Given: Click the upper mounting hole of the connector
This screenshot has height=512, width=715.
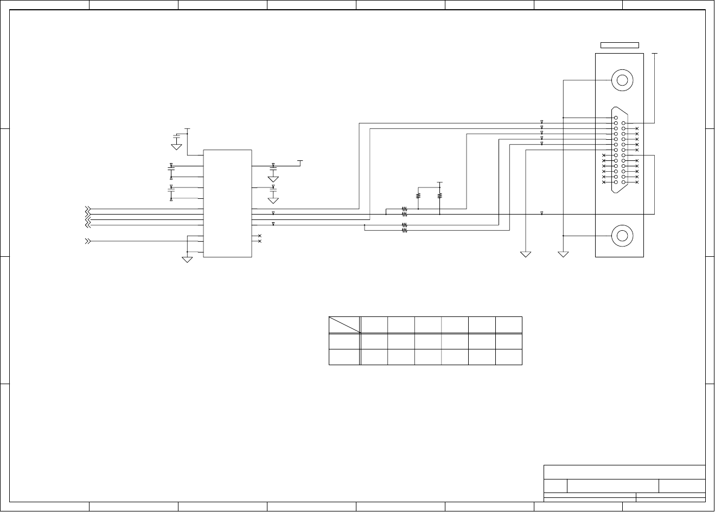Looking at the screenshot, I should pyautogui.click(x=622, y=81).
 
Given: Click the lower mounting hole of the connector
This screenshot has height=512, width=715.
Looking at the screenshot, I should pyautogui.click(x=622, y=236).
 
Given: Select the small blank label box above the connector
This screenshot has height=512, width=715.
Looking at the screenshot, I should pyautogui.click(x=619, y=45).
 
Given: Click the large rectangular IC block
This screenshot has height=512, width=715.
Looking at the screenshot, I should pyautogui.click(x=227, y=203).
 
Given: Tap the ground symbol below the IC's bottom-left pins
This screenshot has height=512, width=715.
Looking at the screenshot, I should pyautogui.click(x=187, y=259).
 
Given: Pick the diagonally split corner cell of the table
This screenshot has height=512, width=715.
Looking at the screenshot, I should pyautogui.click(x=344, y=325).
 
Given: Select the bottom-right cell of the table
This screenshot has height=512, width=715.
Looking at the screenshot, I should pyautogui.click(x=509, y=357).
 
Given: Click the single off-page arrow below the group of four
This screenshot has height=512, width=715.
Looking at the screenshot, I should pyautogui.click(x=87, y=241).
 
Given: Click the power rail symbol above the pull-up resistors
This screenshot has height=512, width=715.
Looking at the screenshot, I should pyautogui.click(x=439, y=183).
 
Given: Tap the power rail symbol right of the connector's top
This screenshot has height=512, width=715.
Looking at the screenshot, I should pyautogui.click(x=655, y=54).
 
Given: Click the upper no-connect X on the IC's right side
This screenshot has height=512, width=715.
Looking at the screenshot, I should pyautogui.click(x=260, y=236).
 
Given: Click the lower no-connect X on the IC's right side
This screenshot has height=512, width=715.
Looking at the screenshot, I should pyautogui.click(x=260, y=241).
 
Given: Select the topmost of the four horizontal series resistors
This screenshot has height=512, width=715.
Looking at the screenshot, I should pyautogui.click(x=404, y=209).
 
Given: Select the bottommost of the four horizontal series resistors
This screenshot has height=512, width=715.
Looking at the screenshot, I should pyautogui.click(x=404, y=230).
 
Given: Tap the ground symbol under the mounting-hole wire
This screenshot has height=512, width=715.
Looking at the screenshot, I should pyautogui.click(x=563, y=254).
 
